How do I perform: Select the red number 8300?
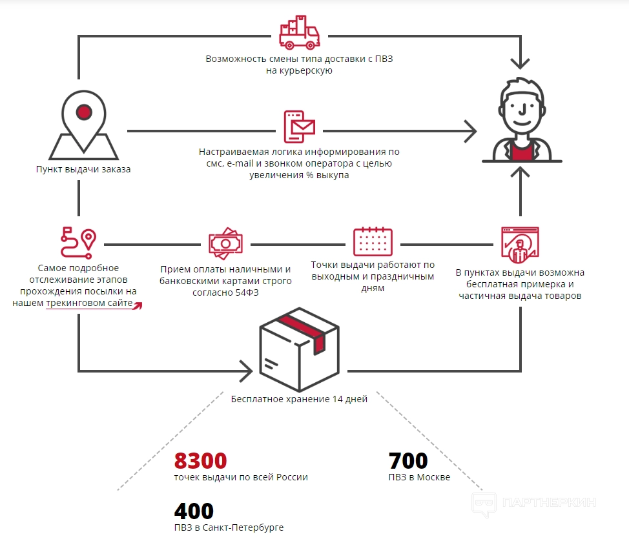tap(200, 461)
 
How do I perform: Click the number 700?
tap(408, 461)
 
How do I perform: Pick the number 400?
tap(193, 511)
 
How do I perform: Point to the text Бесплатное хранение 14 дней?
tap(299, 399)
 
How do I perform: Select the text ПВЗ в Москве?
tap(419, 478)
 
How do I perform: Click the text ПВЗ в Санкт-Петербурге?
tap(229, 527)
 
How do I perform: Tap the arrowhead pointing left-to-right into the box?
tap(245, 371)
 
